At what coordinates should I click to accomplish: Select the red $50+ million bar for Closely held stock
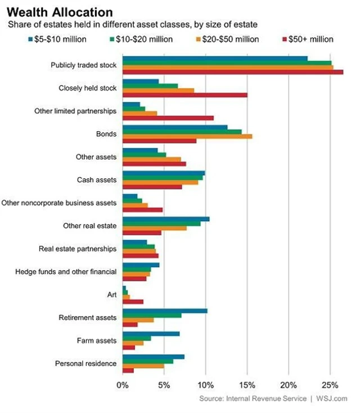[x=184, y=95]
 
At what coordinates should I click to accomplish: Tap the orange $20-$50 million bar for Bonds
[x=187, y=136]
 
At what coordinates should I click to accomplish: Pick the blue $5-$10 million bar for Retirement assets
[x=165, y=311]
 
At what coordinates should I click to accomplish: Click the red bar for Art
[x=133, y=302]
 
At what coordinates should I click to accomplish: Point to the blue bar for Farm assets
[x=151, y=334]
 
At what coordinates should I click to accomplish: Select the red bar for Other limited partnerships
[x=168, y=118]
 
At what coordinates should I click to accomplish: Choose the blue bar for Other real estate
[x=166, y=219]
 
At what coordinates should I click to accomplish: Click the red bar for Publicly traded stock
[x=233, y=72]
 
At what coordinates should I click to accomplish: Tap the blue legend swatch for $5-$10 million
[x=30, y=39]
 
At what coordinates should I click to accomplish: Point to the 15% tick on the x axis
[x=247, y=385]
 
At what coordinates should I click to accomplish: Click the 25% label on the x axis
[x=330, y=385]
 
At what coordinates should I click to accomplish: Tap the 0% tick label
[x=122, y=385]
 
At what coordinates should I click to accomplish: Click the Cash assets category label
[x=97, y=180]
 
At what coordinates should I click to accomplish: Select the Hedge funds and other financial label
[x=66, y=272]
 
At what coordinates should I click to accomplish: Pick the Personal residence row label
[x=85, y=363]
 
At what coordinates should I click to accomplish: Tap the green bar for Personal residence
[x=147, y=361]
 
